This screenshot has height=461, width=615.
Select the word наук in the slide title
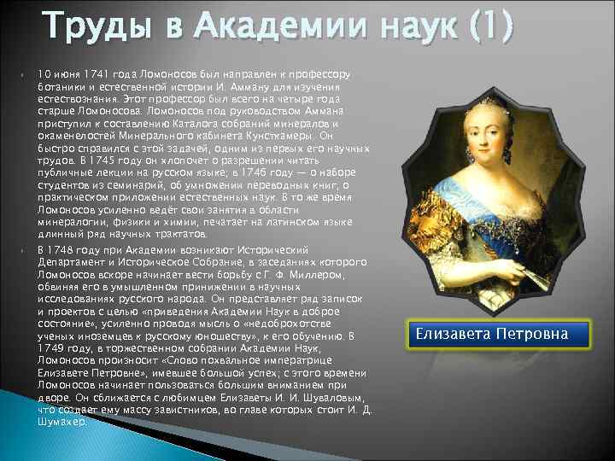tap(401, 27)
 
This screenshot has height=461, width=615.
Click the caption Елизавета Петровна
tap(492, 334)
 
